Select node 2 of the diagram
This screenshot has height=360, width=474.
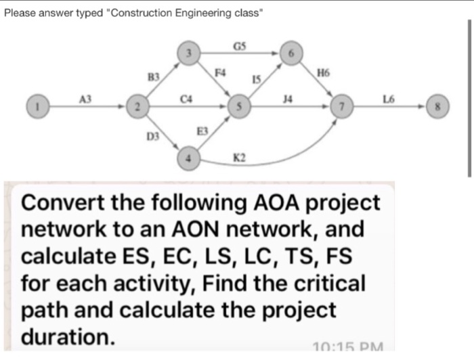click(137, 106)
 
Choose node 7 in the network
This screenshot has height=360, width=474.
click(344, 106)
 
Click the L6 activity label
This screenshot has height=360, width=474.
click(388, 99)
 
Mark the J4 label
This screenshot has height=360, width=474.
click(290, 99)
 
